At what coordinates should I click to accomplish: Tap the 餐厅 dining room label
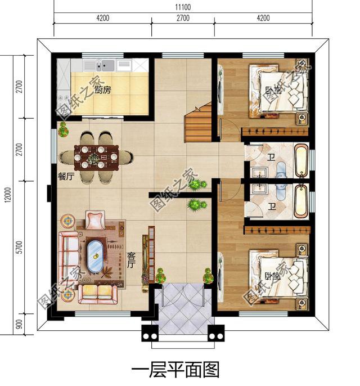(66, 176)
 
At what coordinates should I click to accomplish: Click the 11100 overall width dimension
(183, 6)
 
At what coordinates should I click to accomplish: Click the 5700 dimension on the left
(19, 247)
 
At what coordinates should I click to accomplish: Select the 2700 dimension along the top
(183, 18)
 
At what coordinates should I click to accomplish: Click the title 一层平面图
(175, 370)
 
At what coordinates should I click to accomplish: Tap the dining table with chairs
(97, 157)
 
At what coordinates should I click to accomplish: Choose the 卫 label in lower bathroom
(272, 207)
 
